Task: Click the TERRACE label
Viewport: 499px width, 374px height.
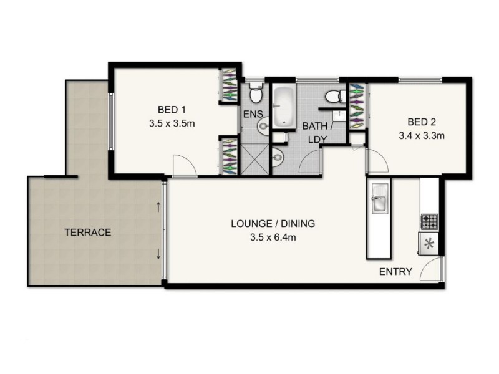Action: (x=87, y=233)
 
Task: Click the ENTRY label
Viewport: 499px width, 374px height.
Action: (x=395, y=271)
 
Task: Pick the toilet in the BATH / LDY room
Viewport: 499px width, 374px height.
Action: (x=335, y=95)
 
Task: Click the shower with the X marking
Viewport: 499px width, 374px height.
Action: (x=255, y=156)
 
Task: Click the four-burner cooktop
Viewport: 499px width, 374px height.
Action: (x=429, y=220)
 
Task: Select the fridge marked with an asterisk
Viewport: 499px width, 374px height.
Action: (x=429, y=244)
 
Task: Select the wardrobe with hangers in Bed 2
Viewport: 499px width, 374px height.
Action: (x=358, y=103)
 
